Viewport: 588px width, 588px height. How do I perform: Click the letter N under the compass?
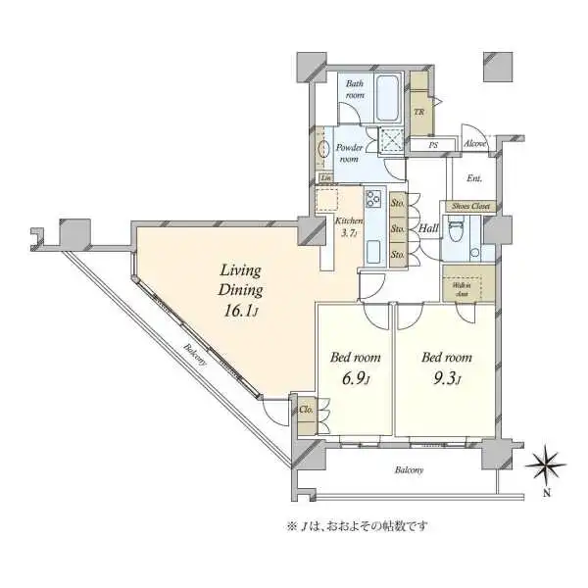(x=547, y=493)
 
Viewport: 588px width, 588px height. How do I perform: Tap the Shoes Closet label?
(x=470, y=208)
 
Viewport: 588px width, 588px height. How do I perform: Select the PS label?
(x=432, y=146)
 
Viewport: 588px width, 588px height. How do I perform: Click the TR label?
(x=419, y=111)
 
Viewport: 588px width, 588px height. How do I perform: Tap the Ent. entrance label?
(x=474, y=178)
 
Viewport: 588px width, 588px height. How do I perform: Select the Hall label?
(x=427, y=229)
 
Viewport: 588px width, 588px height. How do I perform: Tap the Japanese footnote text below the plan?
(x=358, y=526)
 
